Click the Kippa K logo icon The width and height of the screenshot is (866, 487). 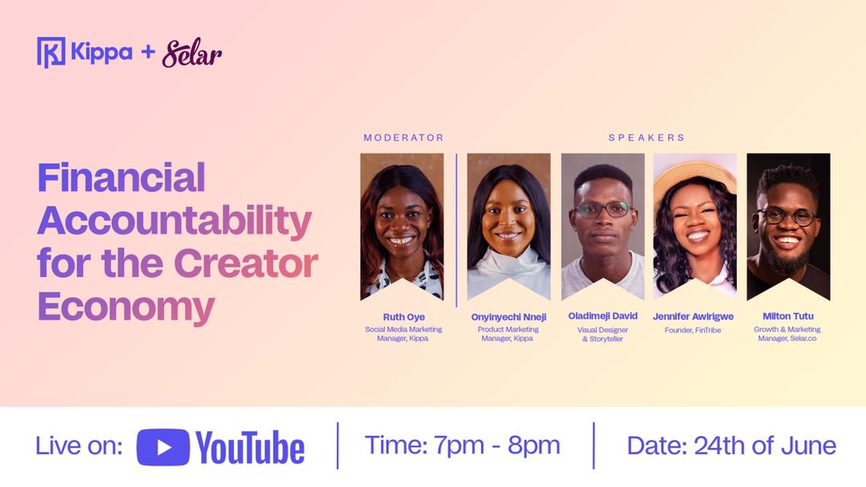(51, 52)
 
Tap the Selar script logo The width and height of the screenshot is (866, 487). (192, 53)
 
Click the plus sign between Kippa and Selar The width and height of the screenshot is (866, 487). (148, 52)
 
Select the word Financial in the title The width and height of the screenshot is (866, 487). (121, 178)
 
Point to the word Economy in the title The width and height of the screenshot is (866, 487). (126, 308)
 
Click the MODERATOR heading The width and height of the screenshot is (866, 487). (403, 137)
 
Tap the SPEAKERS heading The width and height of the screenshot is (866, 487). (647, 137)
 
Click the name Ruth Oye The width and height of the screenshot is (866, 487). (403, 317)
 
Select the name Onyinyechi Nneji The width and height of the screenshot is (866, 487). (508, 317)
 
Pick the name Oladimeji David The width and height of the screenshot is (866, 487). (603, 316)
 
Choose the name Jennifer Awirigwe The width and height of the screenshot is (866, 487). (693, 316)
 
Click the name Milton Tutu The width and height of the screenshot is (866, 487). (788, 316)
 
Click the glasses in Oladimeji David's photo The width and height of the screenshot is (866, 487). (604, 209)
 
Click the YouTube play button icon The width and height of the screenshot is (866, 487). (163, 447)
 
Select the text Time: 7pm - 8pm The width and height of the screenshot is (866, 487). (463, 445)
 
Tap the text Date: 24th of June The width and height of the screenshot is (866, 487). (732, 445)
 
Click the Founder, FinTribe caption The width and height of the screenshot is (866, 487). (693, 330)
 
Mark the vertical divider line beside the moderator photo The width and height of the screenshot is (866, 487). (457, 230)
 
